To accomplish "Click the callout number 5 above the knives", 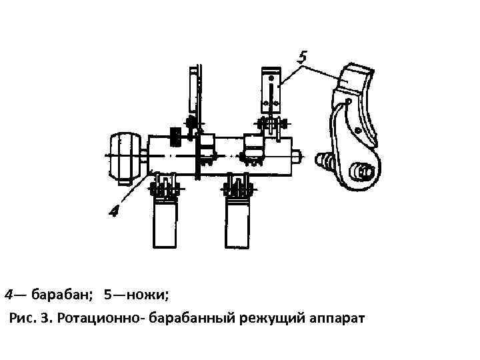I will pyautogui.click(x=303, y=57).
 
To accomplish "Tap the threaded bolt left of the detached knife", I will pyautogui.click(x=325, y=161).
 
